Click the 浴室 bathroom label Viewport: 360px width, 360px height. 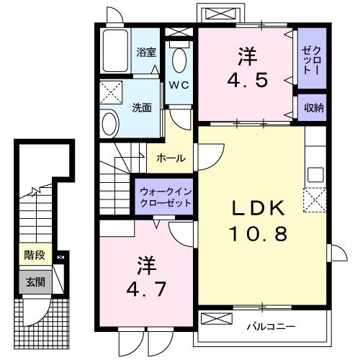pos(147,51)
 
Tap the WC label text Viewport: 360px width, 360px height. pos(179,85)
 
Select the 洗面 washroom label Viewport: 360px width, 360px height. pos(142,108)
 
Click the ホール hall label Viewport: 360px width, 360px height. pos(171,158)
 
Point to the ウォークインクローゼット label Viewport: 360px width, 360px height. pos(166,197)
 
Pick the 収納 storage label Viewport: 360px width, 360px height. pos(312,107)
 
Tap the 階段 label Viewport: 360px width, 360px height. pos(33,256)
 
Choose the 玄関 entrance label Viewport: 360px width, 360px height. pos(33,282)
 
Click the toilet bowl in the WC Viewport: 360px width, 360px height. pos(180,56)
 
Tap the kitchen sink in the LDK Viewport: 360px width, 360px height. pos(315,174)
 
